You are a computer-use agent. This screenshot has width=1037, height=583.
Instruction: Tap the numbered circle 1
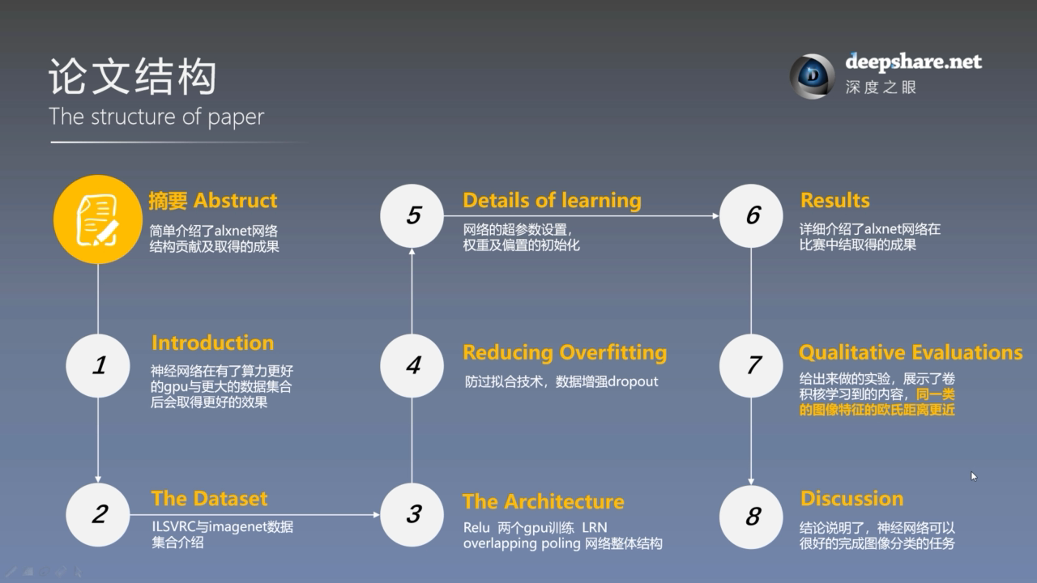[x=98, y=365]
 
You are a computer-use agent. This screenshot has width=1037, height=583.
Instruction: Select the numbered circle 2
[x=98, y=514]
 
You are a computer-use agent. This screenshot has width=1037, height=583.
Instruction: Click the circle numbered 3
[x=412, y=514]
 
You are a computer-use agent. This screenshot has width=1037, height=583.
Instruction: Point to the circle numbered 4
[x=412, y=365]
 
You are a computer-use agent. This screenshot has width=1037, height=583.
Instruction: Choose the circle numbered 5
[x=412, y=215]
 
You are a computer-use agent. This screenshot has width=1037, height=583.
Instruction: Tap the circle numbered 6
[x=751, y=215]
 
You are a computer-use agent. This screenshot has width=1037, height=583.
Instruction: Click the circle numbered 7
[x=751, y=365]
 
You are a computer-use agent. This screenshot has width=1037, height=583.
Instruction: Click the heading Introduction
[x=212, y=343]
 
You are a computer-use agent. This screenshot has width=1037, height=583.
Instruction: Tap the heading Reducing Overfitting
[x=565, y=352]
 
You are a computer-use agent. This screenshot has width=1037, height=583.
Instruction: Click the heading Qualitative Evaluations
[x=911, y=352]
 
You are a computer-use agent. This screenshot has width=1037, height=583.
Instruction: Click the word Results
[x=834, y=200]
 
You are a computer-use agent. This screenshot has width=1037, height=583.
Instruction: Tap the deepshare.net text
[x=913, y=62]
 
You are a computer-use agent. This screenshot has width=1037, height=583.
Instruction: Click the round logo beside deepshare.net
[x=812, y=76]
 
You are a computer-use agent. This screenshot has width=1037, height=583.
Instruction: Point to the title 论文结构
[x=132, y=78]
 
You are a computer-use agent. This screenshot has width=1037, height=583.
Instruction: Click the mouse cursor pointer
[x=974, y=476]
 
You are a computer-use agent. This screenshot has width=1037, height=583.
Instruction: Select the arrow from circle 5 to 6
[x=581, y=215]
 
